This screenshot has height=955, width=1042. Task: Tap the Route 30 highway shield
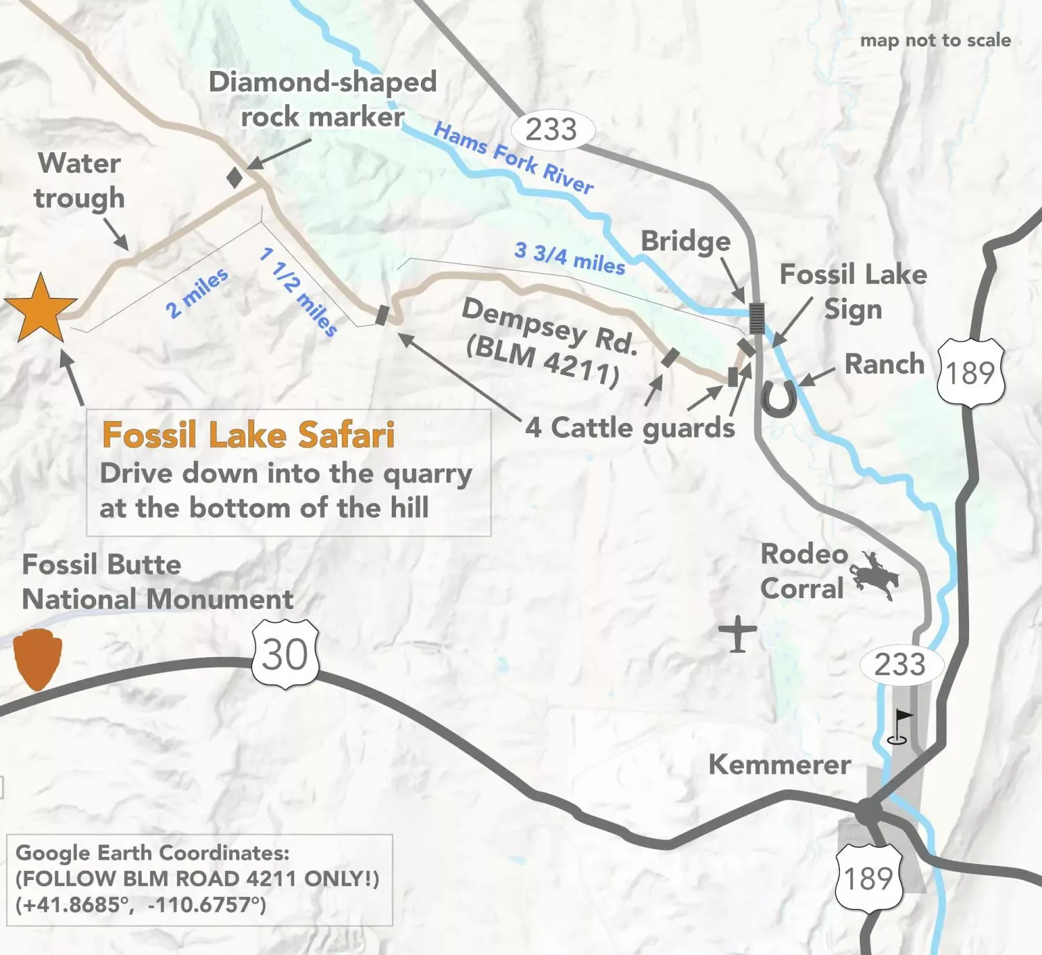point(286,654)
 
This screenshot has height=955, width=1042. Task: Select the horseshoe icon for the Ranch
point(779,398)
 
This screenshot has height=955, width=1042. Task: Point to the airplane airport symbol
point(738,633)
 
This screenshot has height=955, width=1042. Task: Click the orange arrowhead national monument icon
point(38,658)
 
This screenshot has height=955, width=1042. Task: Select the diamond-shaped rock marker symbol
point(235,177)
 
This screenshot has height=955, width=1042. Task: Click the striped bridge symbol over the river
point(756,318)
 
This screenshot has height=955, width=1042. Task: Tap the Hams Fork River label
point(513,158)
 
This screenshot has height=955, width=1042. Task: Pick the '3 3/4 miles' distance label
point(570,258)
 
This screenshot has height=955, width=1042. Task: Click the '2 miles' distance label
point(197,293)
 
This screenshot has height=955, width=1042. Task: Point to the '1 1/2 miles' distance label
point(298,292)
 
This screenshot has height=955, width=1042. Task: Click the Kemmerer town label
point(779,765)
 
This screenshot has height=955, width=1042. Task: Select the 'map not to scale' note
point(935,40)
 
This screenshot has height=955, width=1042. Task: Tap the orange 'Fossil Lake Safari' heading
point(248,435)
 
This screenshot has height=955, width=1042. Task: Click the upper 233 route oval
point(552,130)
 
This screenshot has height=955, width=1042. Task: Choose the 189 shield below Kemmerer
point(868,879)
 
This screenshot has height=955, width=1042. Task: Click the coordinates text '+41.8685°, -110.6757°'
point(141,905)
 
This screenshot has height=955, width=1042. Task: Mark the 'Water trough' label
point(79,181)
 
